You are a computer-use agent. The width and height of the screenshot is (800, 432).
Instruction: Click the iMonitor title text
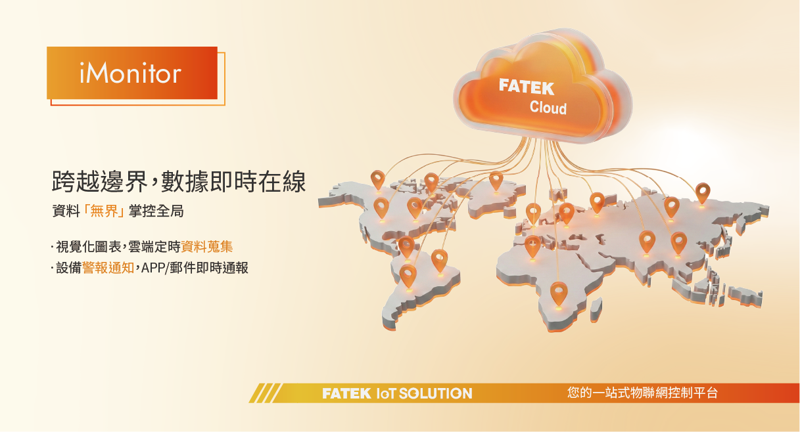[x=130, y=73]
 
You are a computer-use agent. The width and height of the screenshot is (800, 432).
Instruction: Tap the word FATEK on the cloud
[x=527, y=87]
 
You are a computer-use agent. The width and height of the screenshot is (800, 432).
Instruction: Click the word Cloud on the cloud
[x=548, y=108]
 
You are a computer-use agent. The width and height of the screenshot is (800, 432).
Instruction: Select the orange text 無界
[x=105, y=211]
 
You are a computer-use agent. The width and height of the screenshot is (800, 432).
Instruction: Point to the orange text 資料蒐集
[x=207, y=246]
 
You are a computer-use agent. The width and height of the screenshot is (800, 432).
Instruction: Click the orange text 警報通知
[x=108, y=268]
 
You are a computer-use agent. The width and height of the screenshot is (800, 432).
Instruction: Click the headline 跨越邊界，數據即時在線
[x=179, y=182]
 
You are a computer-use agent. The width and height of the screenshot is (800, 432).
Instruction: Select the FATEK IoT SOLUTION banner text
[x=397, y=393]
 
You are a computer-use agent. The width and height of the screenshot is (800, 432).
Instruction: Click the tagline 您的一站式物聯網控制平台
[x=642, y=393]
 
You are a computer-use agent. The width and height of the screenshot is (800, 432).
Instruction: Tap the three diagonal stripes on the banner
[x=265, y=393]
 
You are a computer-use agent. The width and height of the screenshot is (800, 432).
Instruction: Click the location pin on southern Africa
[x=559, y=293]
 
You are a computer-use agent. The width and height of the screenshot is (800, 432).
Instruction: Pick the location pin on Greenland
[x=496, y=181]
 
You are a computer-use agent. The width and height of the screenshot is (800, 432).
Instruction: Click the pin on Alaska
[x=378, y=180]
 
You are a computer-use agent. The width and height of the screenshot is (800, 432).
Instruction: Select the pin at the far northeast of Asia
[x=703, y=193]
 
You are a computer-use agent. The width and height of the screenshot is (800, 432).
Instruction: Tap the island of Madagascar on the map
[x=596, y=310]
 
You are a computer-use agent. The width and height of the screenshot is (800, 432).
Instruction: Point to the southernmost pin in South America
[x=408, y=275]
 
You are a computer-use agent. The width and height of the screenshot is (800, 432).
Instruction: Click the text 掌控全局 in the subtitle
[x=156, y=211]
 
